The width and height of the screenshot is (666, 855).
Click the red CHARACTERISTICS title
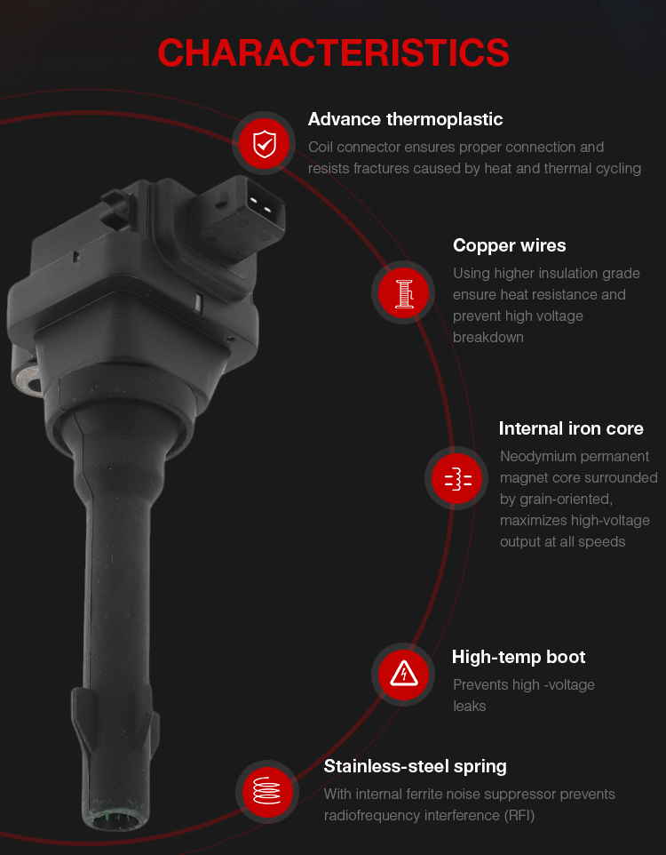[x=333, y=53]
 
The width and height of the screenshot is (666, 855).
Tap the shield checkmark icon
[x=265, y=144]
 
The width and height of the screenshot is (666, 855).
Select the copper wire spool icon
[x=403, y=292]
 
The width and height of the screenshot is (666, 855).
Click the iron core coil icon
[x=457, y=479]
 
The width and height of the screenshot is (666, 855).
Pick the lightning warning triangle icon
[x=404, y=674]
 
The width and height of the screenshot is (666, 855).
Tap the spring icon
[x=266, y=791]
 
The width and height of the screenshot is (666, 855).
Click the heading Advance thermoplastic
[x=405, y=119]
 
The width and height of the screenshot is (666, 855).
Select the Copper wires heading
[x=509, y=245]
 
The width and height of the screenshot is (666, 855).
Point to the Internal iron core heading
[x=571, y=428]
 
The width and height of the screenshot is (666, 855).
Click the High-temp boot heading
[x=519, y=657]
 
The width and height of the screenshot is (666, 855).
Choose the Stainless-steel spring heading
[x=416, y=767]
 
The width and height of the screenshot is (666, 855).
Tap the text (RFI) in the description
[x=519, y=815]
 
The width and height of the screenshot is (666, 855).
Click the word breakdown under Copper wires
[x=488, y=338]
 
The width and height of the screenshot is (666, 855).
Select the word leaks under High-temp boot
[x=469, y=707]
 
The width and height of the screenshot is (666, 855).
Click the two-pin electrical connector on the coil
[x=239, y=214]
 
